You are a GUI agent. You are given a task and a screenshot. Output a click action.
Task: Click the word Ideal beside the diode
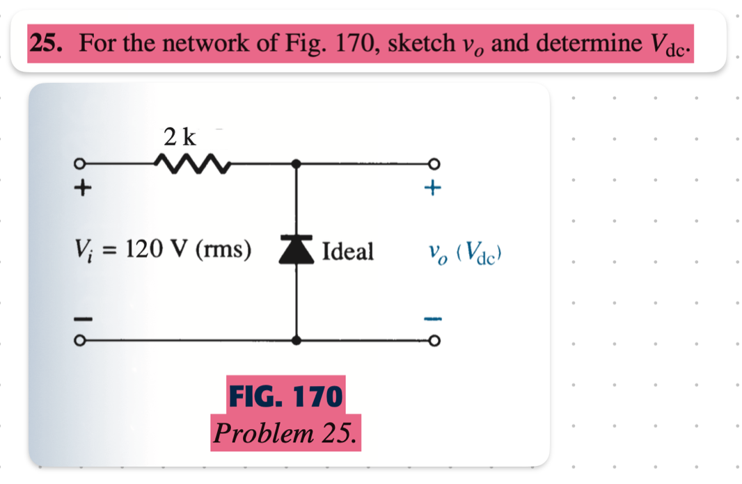click(347, 251)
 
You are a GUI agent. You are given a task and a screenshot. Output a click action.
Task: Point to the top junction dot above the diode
click(297, 164)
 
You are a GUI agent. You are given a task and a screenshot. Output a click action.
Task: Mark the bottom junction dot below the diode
click(297, 341)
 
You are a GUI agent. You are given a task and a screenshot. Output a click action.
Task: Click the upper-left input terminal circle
click(81, 164)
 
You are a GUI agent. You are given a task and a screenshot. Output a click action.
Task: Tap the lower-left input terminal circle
click(81, 341)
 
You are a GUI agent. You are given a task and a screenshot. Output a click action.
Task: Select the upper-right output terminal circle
click(436, 164)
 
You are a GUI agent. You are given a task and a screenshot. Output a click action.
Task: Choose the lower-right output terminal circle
click(436, 341)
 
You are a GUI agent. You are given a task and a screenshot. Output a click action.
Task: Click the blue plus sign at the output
click(434, 187)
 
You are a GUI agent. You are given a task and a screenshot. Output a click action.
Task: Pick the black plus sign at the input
click(83, 187)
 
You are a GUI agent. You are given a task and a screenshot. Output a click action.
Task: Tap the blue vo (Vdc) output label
click(466, 252)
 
